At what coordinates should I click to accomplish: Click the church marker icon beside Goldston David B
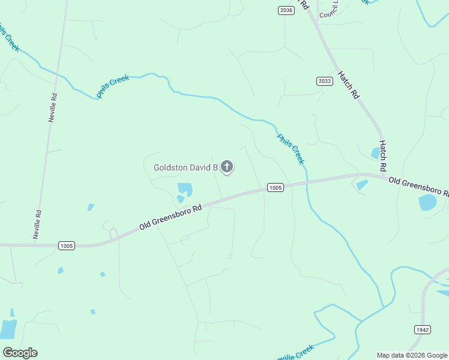pos(226,167)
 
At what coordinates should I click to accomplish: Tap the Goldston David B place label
pos(185,168)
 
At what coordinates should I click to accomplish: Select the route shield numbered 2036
pos(286,10)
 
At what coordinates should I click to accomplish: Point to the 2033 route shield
pos(324,81)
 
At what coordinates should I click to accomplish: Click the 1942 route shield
pos(422,329)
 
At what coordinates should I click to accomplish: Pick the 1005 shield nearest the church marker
pos(274,188)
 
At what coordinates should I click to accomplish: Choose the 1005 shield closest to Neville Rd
pos(67,245)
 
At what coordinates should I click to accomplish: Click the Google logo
pos(20,353)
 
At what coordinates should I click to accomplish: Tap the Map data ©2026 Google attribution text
pos(412,355)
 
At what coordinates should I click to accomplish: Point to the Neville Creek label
pos(295,353)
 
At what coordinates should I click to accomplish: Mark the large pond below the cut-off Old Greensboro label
pos(428,202)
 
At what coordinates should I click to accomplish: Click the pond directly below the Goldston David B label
pos(184,191)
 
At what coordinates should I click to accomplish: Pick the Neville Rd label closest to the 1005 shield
pos(38,224)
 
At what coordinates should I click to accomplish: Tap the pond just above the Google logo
pos(8,328)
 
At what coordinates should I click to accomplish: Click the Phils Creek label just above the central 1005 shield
pos(291,149)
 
